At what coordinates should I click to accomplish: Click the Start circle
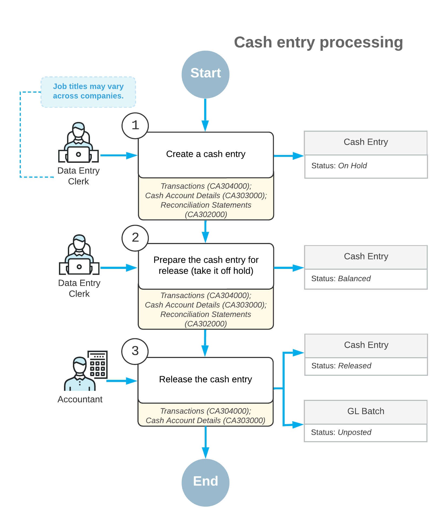[x=206, y=75]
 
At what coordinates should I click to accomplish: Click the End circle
[x=206, y=483]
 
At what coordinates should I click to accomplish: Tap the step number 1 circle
[x=135, y=126]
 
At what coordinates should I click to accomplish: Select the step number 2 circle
[x=135, y=238]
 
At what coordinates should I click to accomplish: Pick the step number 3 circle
[x=135, y=351]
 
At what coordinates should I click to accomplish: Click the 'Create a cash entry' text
[x=206, y=154]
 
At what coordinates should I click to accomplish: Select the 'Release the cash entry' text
[x=206, y=379]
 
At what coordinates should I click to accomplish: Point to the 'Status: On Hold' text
[x=339, y=165]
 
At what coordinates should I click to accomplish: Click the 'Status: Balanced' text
[x=341, y=278]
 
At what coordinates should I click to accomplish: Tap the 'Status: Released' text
[x=341, y=366]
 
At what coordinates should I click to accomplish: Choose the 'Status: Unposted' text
[x=341, y=432]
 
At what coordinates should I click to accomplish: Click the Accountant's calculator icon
[x=97, y=364]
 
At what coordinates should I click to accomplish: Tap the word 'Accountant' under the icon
[x=80, y=399]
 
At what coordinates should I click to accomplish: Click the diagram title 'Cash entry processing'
[x=318, y=42]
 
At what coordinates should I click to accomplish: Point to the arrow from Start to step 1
[x=205, y=115]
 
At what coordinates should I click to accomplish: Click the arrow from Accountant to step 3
[x=122, y=381]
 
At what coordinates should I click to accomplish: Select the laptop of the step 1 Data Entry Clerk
[x=79, y=154]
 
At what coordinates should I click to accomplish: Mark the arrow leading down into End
[x=206, y=442]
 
